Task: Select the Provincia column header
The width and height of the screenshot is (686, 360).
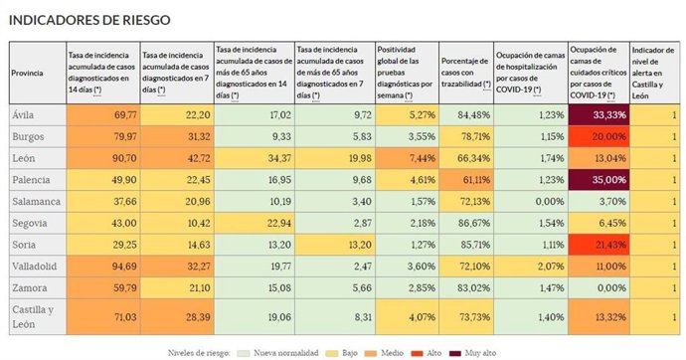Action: click(x=27, y=73)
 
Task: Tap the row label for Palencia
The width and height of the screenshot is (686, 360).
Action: click(x=32, y=180)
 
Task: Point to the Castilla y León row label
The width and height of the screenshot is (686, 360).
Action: click(x=34, y=316)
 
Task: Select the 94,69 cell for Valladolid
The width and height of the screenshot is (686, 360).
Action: click(x=101, y=267)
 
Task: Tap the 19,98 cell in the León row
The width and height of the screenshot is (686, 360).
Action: click(x=334, y=158)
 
